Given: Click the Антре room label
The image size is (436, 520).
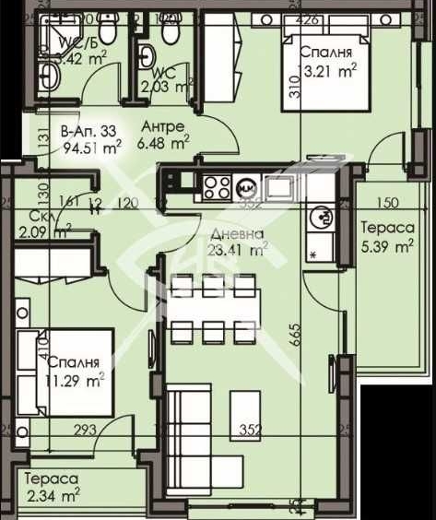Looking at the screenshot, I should click(x=164, y=126).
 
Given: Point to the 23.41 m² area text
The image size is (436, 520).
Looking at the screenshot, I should click(x=237, y=247).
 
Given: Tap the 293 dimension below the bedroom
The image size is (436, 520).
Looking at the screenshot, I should click(x=86, y=429).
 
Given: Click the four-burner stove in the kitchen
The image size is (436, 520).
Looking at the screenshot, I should click(x=217, y=186).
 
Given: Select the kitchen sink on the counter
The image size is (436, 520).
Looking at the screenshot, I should click(x=277, y=187).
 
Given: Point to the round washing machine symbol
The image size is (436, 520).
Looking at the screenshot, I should click(x=323, y=218).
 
